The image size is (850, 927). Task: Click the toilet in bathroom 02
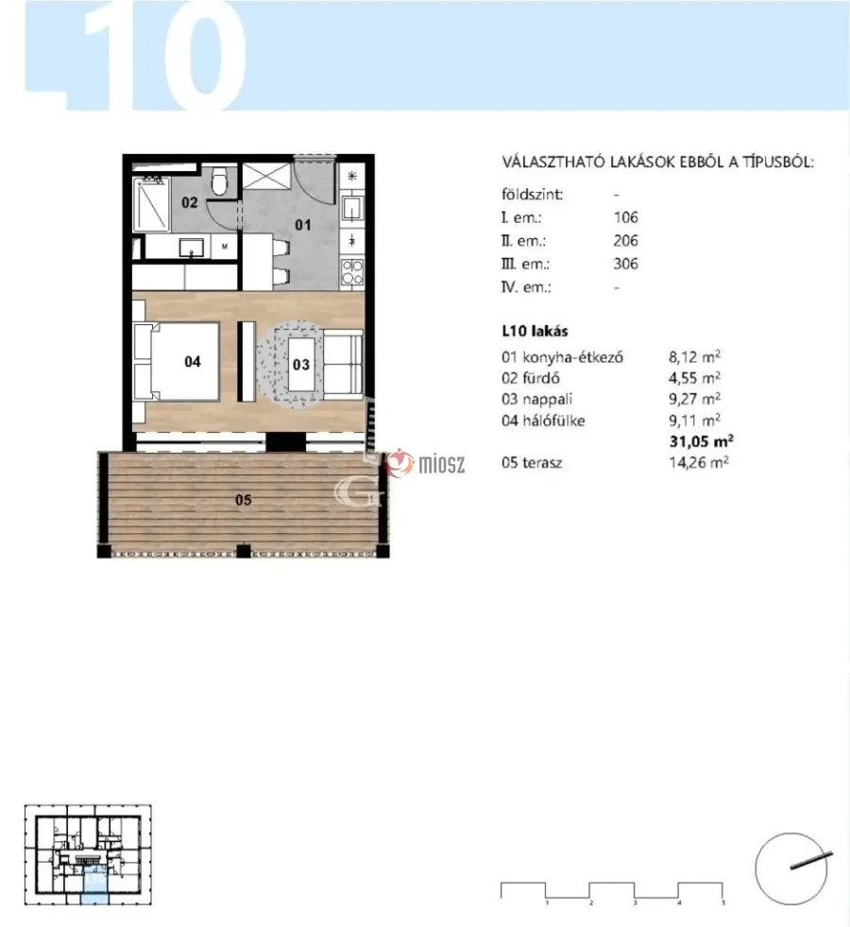(x=220, y=180)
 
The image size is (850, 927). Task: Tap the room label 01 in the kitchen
(x=303, y=225)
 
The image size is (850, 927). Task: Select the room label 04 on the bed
(x=193, y=361)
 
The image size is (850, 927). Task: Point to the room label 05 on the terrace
(x=244, y=500)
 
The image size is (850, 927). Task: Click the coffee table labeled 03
(x=301, y=364)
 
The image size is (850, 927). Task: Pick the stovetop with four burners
(x=352, y=272)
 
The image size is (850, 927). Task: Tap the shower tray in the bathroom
(x=151, y=204)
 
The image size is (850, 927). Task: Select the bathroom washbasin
(x=192, y=248)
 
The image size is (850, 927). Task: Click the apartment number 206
(x=625, y=241)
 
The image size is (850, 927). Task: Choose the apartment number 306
(x=625, y=264)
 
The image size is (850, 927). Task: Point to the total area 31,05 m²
(x=701, y=441)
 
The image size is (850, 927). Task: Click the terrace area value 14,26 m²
(x=698, y=462)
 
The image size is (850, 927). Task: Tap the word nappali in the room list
(x=548, y=400)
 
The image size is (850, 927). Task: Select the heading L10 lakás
(x=535, y=331)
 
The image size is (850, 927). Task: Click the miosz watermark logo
(x=424, y=463)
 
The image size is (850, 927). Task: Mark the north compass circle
(x=790, y=868)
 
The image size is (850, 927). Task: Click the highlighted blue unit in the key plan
(x=94, y=884)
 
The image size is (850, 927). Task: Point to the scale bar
(x=612, y=891)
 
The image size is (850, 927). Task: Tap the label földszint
(x=533, y=195)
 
